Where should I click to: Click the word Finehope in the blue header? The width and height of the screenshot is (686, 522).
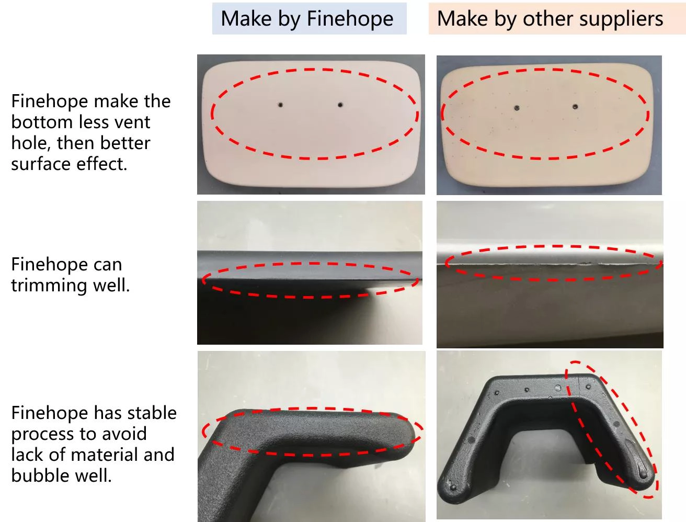[350, 18]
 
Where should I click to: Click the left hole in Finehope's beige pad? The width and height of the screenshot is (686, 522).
[280, 105]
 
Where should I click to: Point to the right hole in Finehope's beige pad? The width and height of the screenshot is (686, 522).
[340, 105]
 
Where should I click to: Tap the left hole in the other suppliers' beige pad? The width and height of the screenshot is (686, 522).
[517, 108]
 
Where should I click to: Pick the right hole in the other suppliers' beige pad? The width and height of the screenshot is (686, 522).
[575, 107]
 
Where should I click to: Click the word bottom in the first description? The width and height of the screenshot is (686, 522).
[42, 122]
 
